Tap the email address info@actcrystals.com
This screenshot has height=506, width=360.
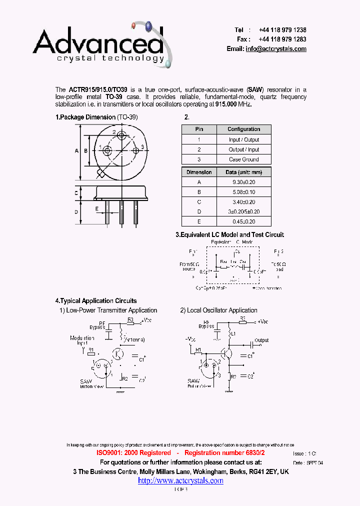pos(276,49)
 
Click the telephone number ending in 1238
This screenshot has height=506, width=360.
pos(282,30)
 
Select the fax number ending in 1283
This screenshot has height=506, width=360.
pos(282,39)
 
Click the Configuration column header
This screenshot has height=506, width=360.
pos(244,129)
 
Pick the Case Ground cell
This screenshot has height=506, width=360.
pos(244,159)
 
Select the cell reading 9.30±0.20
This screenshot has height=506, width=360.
pos(244,182)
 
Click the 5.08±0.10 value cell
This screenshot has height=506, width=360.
pos(244,192)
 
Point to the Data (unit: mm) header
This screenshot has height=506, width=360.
pos(244,172)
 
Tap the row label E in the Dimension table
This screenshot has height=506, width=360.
pos(199,221)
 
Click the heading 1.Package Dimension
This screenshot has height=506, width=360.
pos(85,117)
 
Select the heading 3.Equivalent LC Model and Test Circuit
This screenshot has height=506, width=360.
pos(229,234)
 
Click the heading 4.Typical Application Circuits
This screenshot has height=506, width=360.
pos(95,301)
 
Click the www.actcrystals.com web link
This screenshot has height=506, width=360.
pos(180,480)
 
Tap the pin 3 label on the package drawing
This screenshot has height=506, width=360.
pos(142,146)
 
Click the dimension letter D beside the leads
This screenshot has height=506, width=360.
pos(76,211)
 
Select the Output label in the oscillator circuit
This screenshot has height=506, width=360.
pos(261,340)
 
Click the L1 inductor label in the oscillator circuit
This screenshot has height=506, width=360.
pos(233,333)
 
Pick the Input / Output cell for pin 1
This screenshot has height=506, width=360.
pos(244,139)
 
